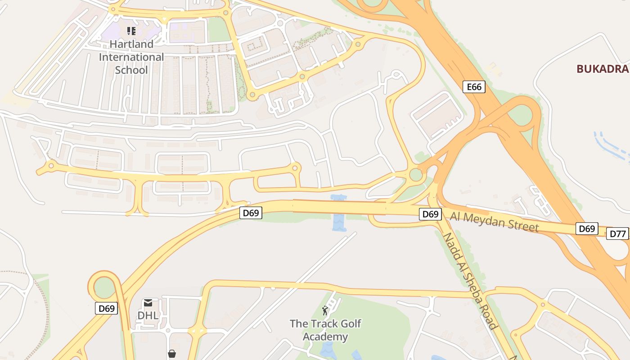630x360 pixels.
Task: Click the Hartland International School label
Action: (131, 57)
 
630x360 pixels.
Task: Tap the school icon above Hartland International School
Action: (131, 31)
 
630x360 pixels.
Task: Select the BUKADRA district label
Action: (602, 69)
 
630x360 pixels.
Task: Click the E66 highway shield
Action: (474, 86)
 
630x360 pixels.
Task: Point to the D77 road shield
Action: (617, 234)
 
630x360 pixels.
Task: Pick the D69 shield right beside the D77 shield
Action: (587, 229)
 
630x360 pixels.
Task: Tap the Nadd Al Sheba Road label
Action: (470, 281)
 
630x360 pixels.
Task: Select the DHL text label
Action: (148, 315)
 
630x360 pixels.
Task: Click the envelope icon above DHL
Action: (148, 303)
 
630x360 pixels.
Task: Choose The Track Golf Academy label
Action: (325, 330)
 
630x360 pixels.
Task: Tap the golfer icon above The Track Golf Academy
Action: (325, 310)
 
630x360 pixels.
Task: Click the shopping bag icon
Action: (171, 354)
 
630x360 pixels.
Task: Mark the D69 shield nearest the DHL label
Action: (107, 308)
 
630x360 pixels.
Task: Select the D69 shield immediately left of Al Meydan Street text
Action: (430, 214)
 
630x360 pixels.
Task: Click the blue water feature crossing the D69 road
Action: (339, 214)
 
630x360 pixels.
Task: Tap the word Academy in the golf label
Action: (325, 337)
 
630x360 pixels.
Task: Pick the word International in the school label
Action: (131, 57)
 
